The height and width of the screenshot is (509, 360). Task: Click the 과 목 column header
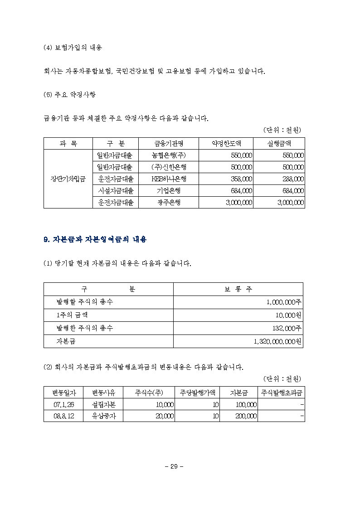coord(68,143)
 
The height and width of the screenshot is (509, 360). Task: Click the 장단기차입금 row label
coord(68,179)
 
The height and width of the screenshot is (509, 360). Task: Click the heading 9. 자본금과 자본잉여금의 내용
coord(95,240)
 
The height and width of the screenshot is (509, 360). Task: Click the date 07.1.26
coord(63,404)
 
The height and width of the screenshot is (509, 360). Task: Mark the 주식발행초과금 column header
coord(281,392)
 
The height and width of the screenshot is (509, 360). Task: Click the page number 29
coord(174,467)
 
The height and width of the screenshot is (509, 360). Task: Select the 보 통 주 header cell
coord(238,289)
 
